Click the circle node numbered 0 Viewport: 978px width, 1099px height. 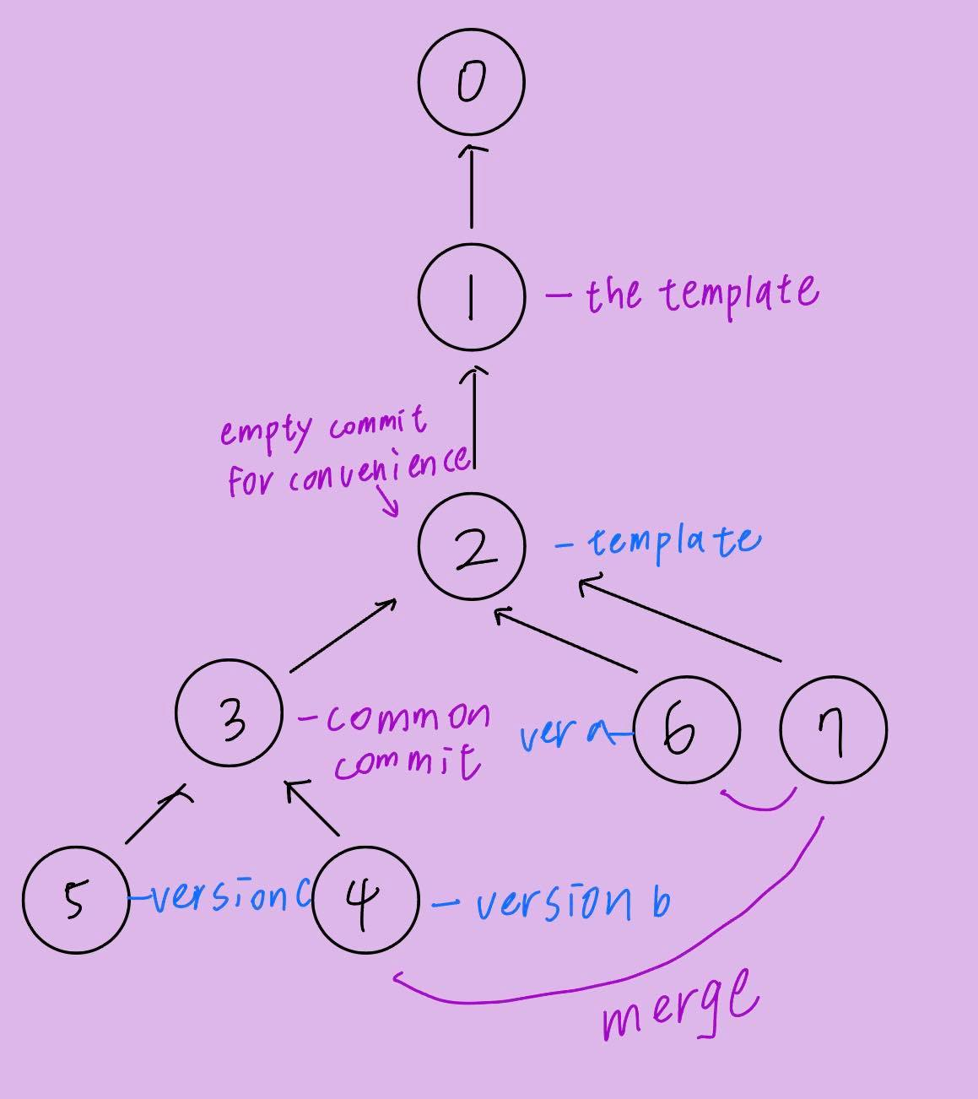[x=471, y=82]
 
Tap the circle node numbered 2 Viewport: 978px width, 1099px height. [x=471, y=547]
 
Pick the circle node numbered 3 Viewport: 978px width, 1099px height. [x=229, y=714]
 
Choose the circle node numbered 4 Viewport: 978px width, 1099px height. [x=365, y=900]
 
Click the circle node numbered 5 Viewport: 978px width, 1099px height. [x=75, y=900]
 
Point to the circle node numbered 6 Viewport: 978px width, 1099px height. [x=685, y=730]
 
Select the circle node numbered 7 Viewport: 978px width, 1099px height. [x=833, y=730]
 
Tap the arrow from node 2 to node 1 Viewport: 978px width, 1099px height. [x=475, y=418]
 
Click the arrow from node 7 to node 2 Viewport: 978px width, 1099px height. [x=679, y=618]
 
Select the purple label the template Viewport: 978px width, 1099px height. [x=700, y=294]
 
